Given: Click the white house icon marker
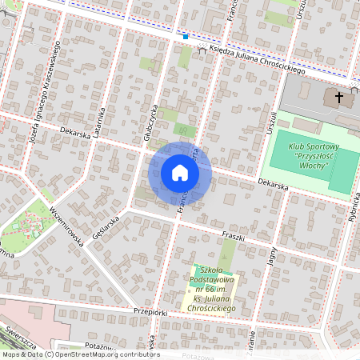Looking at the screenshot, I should (x=180, y=173).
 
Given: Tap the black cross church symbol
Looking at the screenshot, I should (x=338, y=98).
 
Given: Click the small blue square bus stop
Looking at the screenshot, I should (x=186, y=36).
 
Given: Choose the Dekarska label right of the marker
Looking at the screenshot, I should (x=271, y=185).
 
